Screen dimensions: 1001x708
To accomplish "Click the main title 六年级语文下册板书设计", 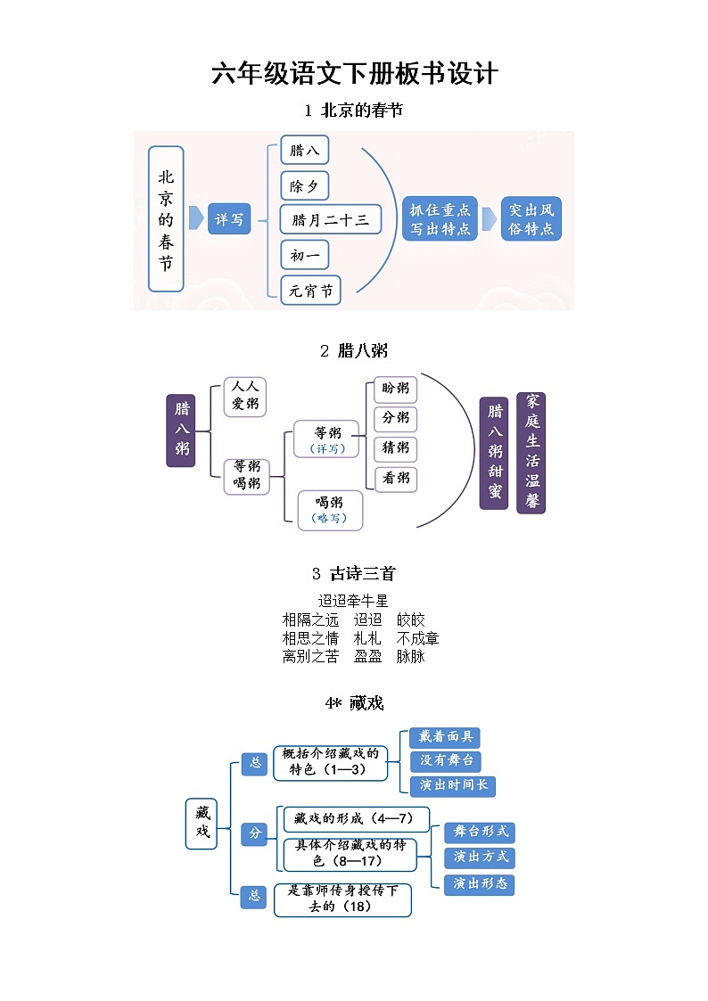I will coord(354,73).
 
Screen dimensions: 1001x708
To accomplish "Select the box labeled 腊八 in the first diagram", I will coord(305,150).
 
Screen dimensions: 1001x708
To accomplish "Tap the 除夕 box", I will coord(305,185).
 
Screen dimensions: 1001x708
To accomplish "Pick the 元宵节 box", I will coord(310,291).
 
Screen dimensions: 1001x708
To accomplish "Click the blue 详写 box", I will coord(229,218).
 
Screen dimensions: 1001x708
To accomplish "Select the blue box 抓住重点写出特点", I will coord(440,218).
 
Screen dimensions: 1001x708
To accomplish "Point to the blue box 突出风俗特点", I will coord(531,218).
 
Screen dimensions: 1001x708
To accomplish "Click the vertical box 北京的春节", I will coord(166,219).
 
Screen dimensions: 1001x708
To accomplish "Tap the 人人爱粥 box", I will coord(244,396).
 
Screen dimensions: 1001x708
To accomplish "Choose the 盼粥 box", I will coord(395,389).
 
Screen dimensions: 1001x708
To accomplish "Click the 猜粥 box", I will coord(395,447).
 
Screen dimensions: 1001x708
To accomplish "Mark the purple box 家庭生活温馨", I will coord(531,452).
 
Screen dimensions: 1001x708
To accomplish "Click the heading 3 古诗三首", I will coord(353,573).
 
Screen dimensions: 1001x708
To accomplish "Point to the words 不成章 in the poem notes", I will coord(417,638).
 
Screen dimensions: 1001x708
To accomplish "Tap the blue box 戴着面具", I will coord(446,737).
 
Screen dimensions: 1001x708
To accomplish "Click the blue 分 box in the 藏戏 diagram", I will coord(255,833).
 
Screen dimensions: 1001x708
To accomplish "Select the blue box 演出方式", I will coord(480,857).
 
